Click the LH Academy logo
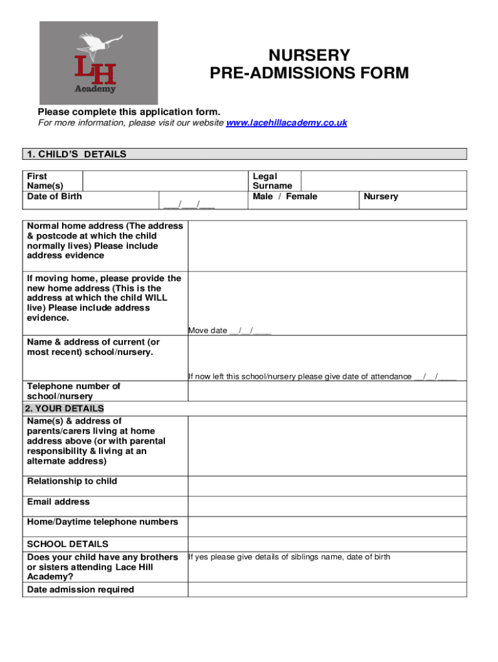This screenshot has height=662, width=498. (x=98, y=63)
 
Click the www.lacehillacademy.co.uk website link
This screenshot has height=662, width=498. (x=287, y=123)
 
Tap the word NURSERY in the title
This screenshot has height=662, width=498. (x=309, y=56)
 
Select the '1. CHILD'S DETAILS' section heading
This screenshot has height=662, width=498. (x=76, y=155)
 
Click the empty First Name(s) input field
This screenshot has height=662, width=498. (x=166, y=180)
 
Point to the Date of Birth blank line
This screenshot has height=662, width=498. (x=189, y=206)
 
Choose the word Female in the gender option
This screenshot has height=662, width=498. (x=301, y=197)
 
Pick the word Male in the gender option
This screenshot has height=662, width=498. (x=263, y=197)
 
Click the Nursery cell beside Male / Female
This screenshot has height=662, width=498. (x=381, y=197)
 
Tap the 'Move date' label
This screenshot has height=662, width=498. (x=208, y=331)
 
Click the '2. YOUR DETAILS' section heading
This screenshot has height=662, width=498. (x=64, y=409)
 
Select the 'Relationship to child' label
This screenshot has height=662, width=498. (x=72, y=482)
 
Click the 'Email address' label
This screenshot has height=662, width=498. (x=58, y=502)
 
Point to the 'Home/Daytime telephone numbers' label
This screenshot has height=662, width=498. (x=102, y=522)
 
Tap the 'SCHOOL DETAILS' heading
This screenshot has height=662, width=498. (x=67, y=544)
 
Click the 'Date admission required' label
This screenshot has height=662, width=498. (x=80, y=590)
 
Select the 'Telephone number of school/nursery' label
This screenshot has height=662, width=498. (x=74, y=391)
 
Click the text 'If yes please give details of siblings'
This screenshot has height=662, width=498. (x=289, y=557)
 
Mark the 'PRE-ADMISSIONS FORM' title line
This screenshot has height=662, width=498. (x=309, y=73)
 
